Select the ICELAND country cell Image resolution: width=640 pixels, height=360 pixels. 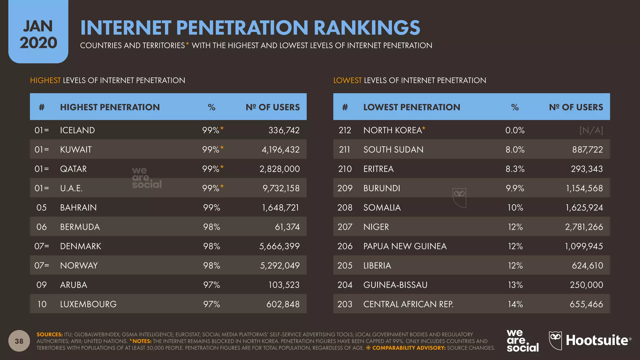point(77,130)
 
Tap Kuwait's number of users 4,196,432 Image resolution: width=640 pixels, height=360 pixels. point(280,150)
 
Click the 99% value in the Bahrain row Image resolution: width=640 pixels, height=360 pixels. point(212,207)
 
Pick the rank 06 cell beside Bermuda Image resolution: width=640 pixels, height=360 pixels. point(42,227)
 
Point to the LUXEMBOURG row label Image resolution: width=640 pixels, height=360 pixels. point(88,304)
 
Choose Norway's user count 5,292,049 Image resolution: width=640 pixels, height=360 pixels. point(280,266)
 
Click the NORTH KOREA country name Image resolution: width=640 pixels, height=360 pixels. point(392,130)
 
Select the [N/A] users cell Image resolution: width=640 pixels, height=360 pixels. point(591,130)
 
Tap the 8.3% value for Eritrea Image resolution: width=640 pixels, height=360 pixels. point(515,169)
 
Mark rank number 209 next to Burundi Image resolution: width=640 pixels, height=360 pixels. point(345,188)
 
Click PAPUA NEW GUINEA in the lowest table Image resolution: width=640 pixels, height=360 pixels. point(405,246)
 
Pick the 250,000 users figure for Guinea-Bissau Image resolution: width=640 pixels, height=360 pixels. point(586,285)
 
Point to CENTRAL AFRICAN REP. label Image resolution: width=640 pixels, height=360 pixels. point(408,304)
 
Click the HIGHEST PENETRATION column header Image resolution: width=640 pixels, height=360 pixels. point(110,107)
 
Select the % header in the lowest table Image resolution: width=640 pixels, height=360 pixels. point(515,107)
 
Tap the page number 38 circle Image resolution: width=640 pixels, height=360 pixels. point(19,341)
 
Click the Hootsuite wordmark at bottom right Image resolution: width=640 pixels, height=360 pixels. point(597,340)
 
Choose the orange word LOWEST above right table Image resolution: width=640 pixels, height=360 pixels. point(347,80)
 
